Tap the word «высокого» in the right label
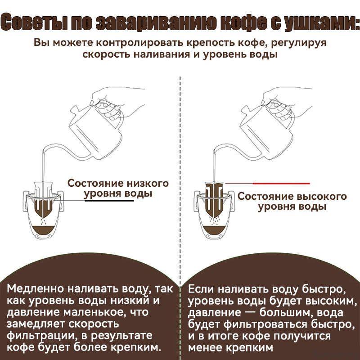coord(322,197)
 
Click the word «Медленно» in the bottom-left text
coord(36,289)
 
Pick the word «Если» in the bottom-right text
coord(201,289)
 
